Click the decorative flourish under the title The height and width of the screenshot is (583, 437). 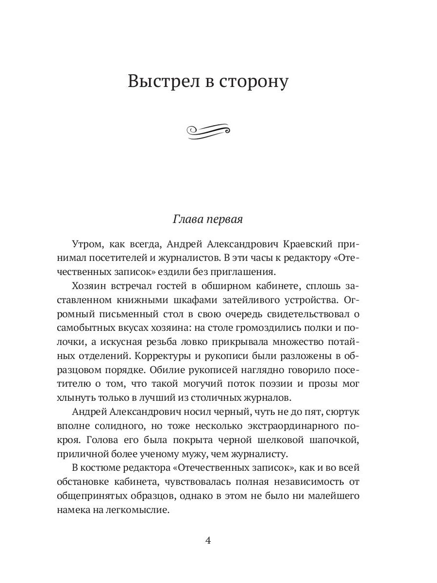coord(208,131)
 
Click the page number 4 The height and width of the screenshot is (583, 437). coord(208,541)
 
